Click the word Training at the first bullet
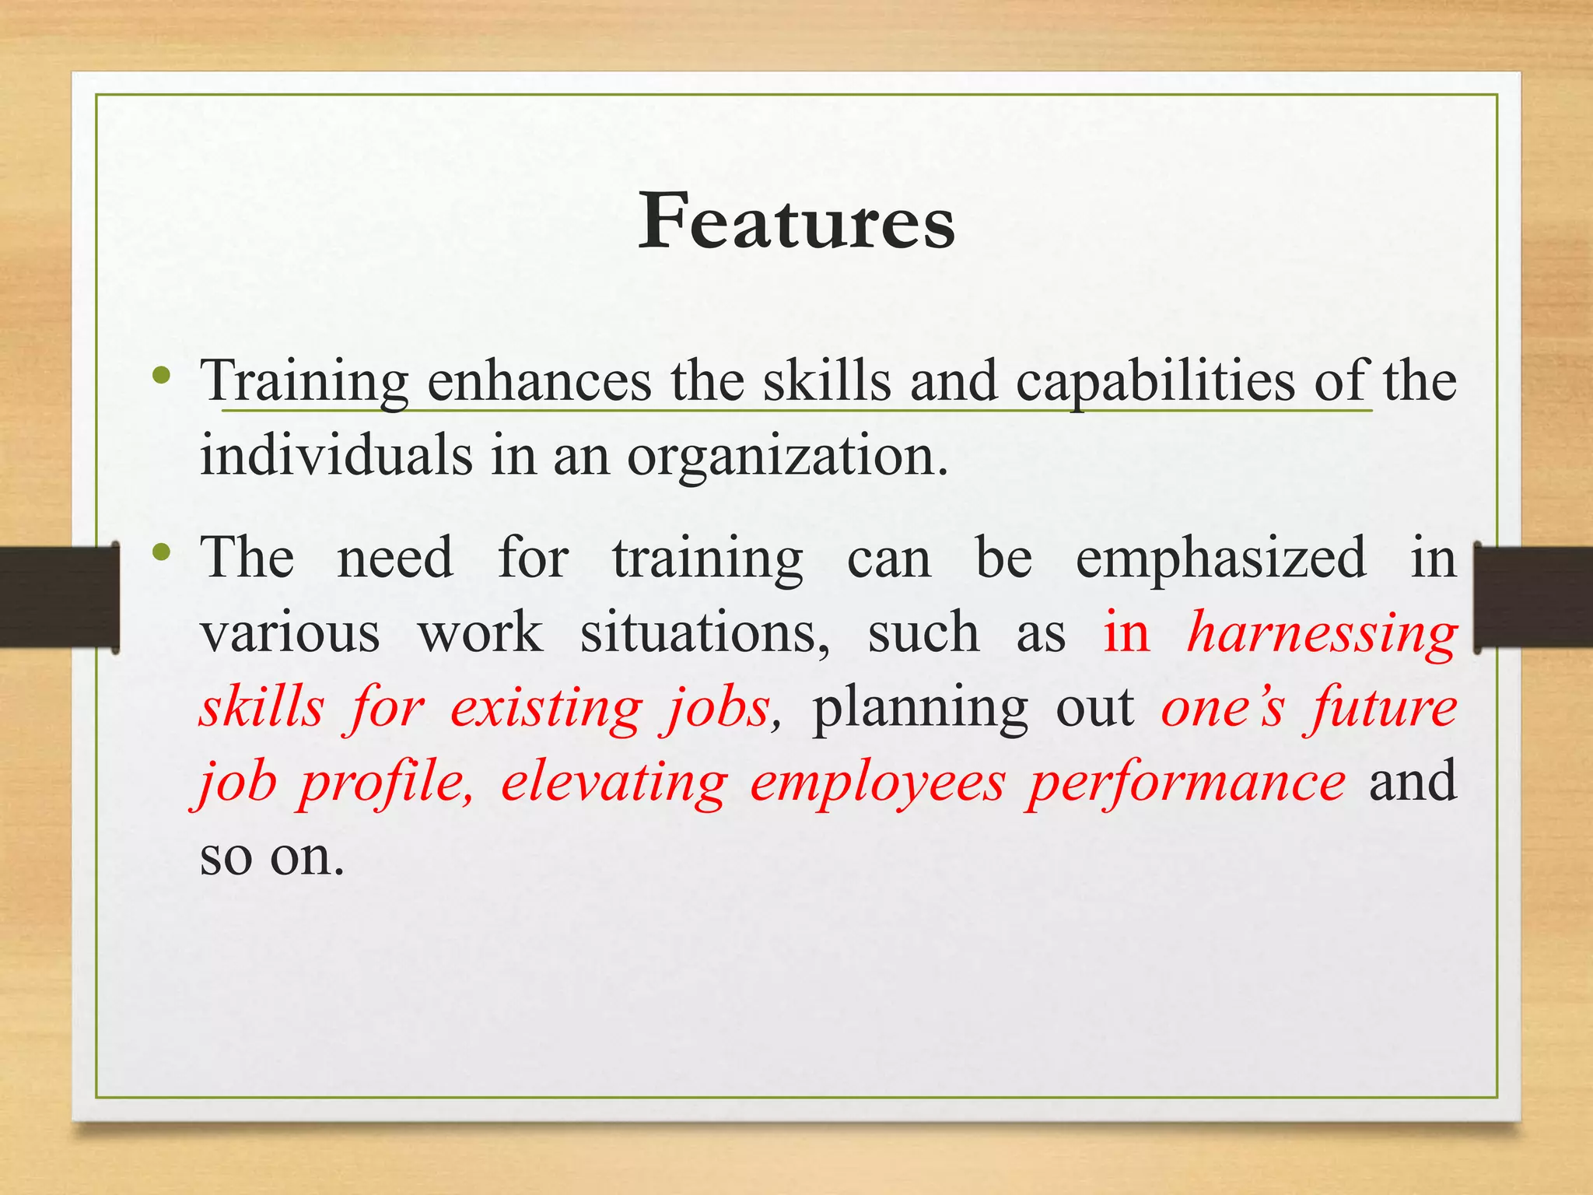(x=304, y=381)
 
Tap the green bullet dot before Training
(x=161, y=377)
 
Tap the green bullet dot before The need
(x=161, y=553)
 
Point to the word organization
(x=787, y=456)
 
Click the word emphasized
(x=1220, y=559)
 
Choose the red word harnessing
(x=1322, y=633)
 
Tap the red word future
(x=1383, y=708)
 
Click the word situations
(x=705, y=633)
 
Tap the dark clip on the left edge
(x=59, y=597)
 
